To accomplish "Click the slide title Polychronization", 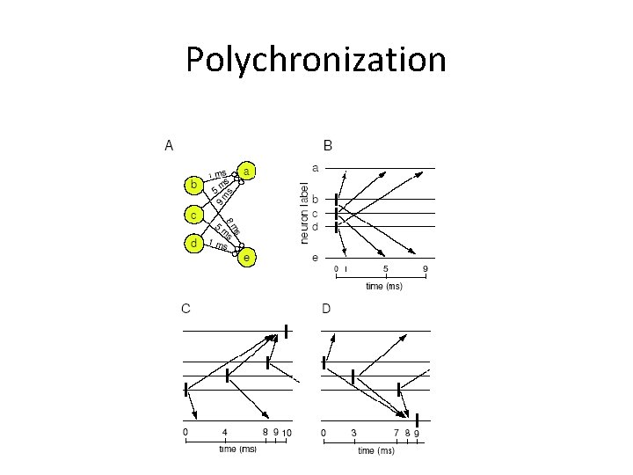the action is (316, 60).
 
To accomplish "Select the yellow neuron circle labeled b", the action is (193, 185).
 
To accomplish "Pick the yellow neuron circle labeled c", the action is (193, 214).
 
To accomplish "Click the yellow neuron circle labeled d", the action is (193, 243).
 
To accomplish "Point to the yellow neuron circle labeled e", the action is (249, 258).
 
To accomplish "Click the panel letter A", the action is (169, 145).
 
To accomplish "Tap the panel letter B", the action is (328, 145).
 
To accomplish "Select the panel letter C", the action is (186, 308).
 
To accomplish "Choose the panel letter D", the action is (326, 308).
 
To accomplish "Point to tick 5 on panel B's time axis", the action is (385, 268).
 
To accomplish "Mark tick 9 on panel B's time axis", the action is (426, 268).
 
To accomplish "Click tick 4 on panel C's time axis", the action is (225, 433).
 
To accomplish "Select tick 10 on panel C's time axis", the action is (287, 433).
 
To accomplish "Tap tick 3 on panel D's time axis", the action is (353, 433).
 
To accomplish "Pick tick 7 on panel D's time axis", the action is (396, 433).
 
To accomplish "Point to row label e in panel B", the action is (315, 258).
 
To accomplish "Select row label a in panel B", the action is (315, 167).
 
